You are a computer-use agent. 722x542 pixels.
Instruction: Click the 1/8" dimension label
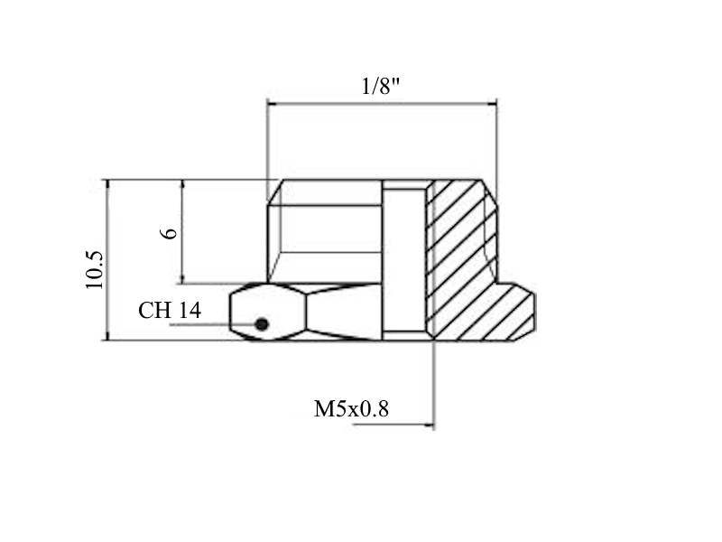pos(380,86)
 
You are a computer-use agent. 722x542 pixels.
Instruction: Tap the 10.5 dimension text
pos(95,270)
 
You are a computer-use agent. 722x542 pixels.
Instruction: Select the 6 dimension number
pos(169,233)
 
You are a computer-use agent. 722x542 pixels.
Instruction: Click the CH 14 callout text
pos(170,310)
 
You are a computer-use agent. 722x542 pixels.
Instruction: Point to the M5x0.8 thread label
pos(351,409)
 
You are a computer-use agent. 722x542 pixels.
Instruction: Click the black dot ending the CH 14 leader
pos(262,324)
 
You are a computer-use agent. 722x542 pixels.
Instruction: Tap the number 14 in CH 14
pos(190,310)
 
